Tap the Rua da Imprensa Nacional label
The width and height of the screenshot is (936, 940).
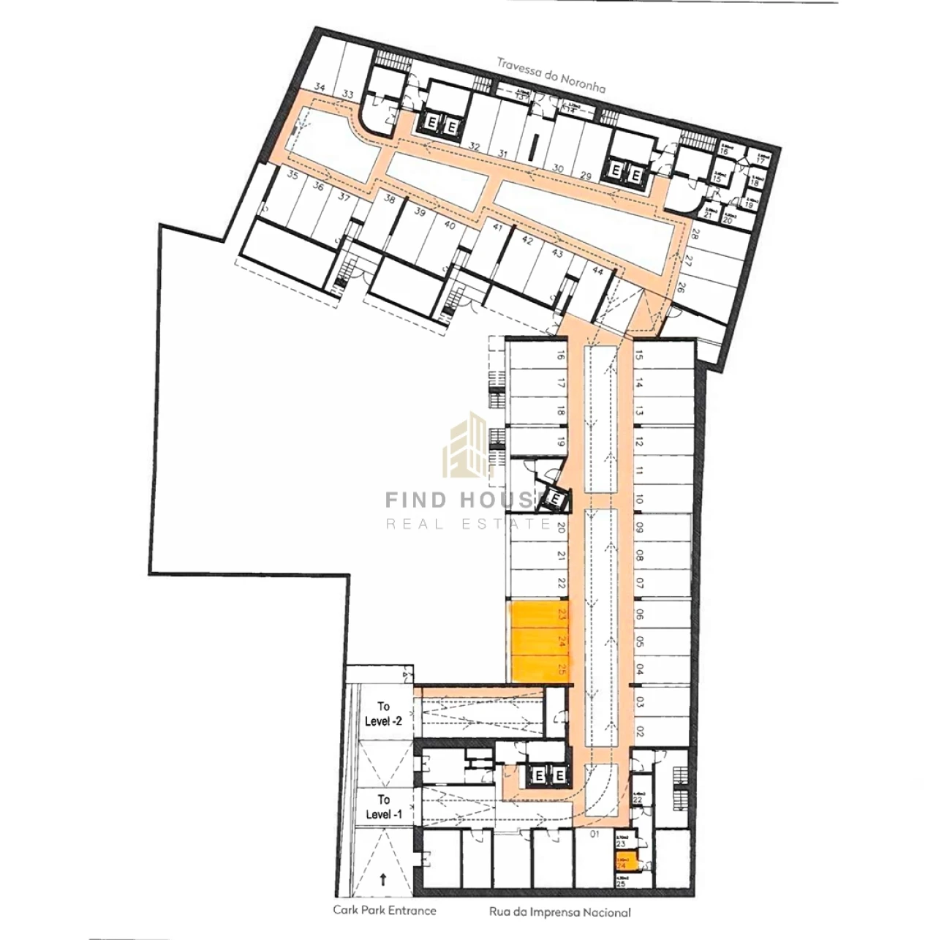[559, 912]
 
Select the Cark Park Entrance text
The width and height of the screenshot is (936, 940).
[384, 910]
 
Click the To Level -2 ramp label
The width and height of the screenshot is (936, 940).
[384, 714]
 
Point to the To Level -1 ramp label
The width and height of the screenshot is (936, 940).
[384, 807]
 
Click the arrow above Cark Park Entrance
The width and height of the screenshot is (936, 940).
[384, 880]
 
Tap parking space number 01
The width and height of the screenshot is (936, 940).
[595, 833]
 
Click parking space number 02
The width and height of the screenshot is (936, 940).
[640, 730]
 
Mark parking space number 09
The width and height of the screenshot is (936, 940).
[640, 527]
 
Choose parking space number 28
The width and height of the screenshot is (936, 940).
[694, 235]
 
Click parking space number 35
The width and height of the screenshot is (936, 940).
[292, 176]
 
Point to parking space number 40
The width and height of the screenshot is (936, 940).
[450, 225]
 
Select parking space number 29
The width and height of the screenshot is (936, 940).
[586, 175]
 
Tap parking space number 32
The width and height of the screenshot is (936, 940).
[474, 146]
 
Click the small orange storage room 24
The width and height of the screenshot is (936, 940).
[625, 862]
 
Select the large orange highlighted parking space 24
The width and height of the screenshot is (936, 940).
[540, 642]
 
